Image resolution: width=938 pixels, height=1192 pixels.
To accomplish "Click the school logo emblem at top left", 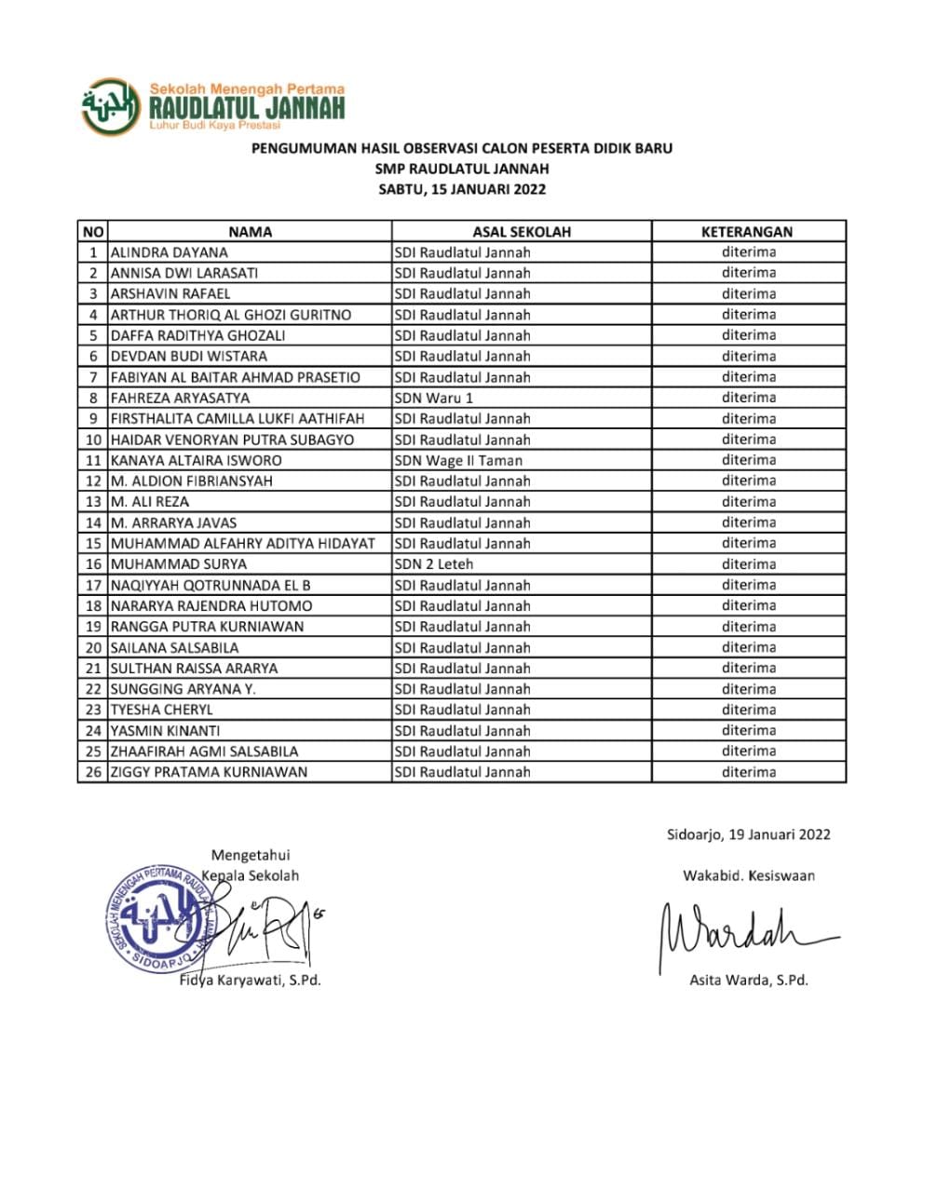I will click(111, 107).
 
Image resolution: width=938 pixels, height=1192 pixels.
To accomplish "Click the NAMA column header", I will click(250, 232).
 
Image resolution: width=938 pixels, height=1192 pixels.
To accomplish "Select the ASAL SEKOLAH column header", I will click(521, 232).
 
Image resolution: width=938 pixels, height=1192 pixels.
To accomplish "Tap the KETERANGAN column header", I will click(747, 232).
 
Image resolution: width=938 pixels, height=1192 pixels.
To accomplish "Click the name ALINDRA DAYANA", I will click(169, 252).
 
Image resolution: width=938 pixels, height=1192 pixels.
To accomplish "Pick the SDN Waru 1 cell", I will click(434, 398).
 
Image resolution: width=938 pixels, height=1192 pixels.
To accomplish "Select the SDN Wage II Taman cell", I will click(458, 460).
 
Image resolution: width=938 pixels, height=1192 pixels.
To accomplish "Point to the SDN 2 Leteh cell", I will click(434, 564).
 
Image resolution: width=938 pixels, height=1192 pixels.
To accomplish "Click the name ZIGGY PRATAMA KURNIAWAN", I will click(209, 772).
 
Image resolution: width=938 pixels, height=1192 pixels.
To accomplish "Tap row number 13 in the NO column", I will click(93, 502).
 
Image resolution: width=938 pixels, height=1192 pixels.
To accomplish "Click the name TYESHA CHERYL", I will click(161, 710).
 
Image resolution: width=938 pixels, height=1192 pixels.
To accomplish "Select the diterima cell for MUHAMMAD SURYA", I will click(748, 564).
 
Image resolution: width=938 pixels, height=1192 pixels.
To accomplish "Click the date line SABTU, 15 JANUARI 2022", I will click(462, 189).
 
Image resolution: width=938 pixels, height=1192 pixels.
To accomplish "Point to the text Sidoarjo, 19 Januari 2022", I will click(748, 834).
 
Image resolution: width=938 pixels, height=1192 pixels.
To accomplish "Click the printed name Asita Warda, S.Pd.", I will click(748, 980).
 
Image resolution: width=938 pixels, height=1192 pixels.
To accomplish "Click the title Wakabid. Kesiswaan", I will click(748, 875).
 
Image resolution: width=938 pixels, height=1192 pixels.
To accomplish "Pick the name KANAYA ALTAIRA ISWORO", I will click(196, 460).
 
